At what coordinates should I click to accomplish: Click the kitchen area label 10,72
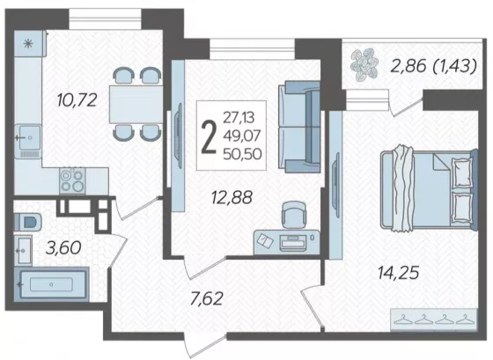(x=77, y=100)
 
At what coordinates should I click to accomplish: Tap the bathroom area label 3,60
(x=63, y=247)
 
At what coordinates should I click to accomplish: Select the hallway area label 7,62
(x=207, y=298)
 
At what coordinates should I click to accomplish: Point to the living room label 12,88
(x=232, y=198)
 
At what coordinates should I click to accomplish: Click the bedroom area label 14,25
(x=398, y=273)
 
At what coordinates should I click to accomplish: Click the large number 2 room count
(x=209, y=137)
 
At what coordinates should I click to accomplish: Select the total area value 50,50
(x=242, y=154)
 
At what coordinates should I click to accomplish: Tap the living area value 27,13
(x=239, y=118)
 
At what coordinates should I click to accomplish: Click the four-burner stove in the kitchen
(x=72, y=180)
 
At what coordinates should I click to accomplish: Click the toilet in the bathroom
(x=27, y=222)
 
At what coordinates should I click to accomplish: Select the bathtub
(x=52, y=284)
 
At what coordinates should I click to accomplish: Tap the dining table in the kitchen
(x=136, y=104)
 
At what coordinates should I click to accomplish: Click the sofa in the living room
(x=299, y=127)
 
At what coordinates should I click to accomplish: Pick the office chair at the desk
(x=293, y=215)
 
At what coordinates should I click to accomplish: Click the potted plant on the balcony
(x=364, y=64)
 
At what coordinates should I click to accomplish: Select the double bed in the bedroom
(x=429, y=189)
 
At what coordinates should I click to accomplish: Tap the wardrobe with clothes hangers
(x=433, y=320)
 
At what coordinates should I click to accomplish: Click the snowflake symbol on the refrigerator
(x=28, y=44)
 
